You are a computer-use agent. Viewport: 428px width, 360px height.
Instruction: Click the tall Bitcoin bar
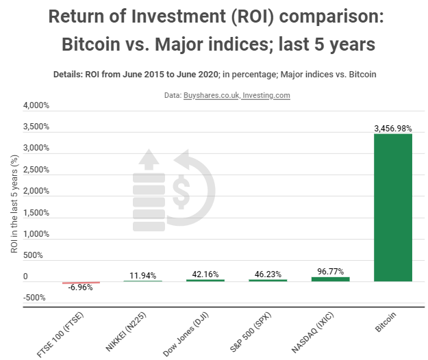(x=392, y=207)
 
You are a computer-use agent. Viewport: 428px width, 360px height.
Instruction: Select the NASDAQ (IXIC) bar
(x=330, y=279)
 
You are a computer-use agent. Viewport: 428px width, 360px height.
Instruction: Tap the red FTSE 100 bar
(x=81, y=282)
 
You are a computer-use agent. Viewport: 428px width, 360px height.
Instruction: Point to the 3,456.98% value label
(x=392, y=128)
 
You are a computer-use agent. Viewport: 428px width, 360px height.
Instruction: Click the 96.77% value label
(x=330, y=271)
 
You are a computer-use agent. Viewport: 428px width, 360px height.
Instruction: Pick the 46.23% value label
(x=267, y=274)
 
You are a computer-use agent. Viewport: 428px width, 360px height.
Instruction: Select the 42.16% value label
(x=205, y=274)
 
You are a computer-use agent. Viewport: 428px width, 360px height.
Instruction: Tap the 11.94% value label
(x=142, y=276)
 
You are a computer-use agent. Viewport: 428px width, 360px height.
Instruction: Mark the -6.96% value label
(x=80, y=288)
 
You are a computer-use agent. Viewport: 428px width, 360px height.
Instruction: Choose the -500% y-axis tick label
(x=34, y=298)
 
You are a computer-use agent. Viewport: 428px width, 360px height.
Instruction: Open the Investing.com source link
(x=266, y=96)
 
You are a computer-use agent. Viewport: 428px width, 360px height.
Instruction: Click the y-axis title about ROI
(x=14, y=203)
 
